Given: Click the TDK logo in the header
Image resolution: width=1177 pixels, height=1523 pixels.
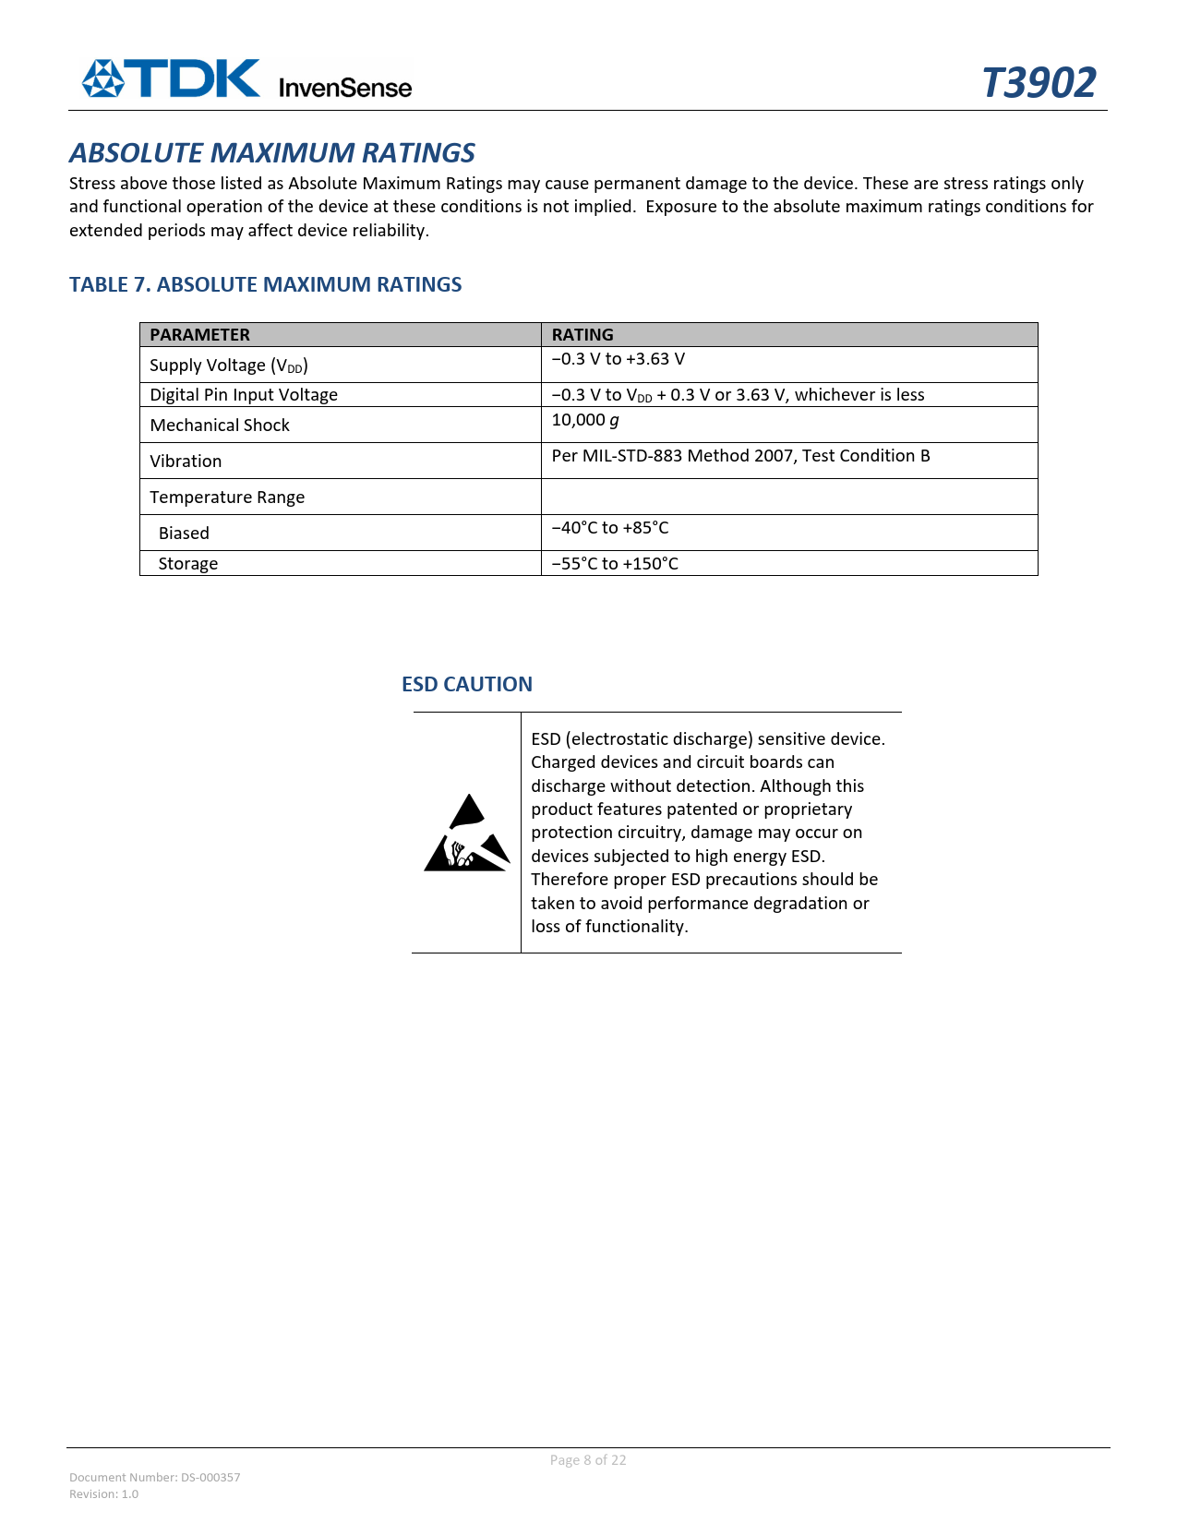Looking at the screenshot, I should pos(172,78).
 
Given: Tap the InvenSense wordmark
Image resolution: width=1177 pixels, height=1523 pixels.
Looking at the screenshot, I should pos(345,88).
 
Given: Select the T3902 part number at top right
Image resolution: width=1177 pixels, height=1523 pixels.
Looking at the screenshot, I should pos(1039,83).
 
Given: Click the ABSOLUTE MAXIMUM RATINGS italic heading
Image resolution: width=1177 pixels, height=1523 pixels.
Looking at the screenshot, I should pos(272,153).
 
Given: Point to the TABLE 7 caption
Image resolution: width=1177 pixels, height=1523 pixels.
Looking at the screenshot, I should pos(265,284).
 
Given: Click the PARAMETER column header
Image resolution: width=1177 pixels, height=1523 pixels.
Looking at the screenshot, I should pos(199,334).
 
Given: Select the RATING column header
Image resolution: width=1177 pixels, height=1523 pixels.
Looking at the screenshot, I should pos(582,334).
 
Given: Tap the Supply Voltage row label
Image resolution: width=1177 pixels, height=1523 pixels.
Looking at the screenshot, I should pos(229,366).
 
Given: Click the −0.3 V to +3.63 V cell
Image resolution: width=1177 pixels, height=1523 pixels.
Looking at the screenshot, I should pos(618,359).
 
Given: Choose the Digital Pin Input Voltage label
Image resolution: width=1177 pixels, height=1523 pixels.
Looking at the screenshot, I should pos(244,395).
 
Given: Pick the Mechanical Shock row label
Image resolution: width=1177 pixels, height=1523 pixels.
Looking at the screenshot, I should pos(220,426).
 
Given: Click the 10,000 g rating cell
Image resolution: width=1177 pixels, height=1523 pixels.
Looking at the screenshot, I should pos(585,420).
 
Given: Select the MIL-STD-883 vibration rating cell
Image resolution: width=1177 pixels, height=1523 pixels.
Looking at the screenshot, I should pos(740,456).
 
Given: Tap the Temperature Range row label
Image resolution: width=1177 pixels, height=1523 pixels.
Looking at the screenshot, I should pos(227,498).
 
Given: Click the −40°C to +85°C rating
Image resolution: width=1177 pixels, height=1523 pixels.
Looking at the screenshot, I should pos(610,528).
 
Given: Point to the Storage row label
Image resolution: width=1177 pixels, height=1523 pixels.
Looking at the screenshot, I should pos(188,564).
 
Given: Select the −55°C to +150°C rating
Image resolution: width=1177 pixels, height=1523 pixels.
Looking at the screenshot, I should pos(615,564).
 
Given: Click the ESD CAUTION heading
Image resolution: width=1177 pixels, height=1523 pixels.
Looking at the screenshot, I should pos(467,684).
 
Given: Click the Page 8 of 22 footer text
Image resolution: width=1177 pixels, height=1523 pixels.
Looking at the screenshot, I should pos(588,1460).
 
